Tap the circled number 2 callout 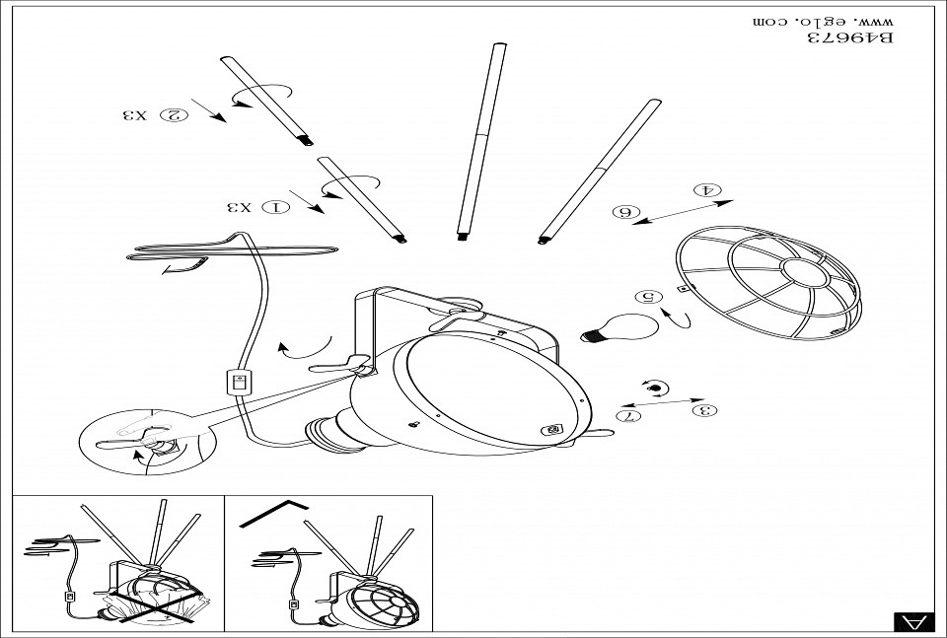tap(174, 115)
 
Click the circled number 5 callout tap(647, 296)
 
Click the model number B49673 tap(850, 38)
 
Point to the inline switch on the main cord tap(237, 382)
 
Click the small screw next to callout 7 tap(654, 388)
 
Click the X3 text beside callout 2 tap(134, 115)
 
